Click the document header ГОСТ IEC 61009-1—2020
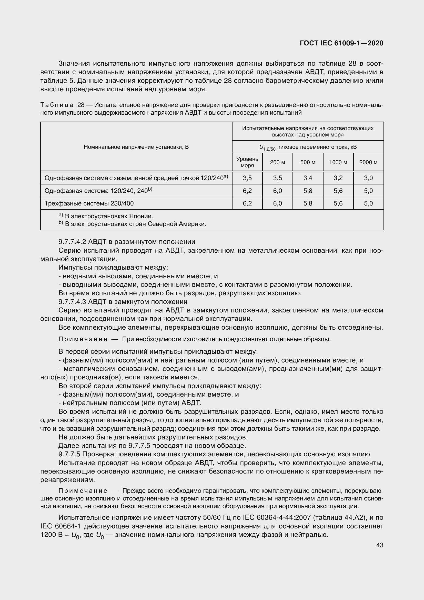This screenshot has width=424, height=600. [341, 43]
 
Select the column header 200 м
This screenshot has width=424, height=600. [277, 162]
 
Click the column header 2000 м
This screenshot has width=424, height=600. [368, 162]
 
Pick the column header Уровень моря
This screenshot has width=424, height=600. [247, 162]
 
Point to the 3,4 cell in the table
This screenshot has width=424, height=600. [308, 178]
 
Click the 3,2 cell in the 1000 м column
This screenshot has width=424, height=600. [338, 178]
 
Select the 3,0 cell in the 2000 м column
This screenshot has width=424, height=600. [368, 178]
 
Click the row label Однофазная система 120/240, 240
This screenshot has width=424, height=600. [98, 191]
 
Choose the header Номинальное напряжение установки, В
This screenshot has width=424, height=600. [136, 147]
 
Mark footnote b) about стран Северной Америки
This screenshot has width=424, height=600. [132, 224]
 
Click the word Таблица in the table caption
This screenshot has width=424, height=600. [57, 105]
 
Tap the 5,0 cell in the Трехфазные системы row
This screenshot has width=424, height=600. [368, 203]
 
